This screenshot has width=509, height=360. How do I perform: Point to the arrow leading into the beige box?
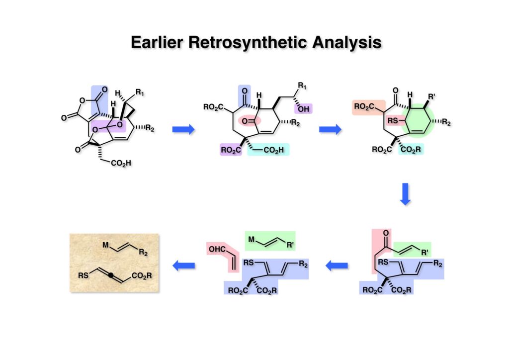(183, 266)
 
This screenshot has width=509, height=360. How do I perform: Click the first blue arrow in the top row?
(183, 130)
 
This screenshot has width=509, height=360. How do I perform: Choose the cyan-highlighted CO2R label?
(411, 150)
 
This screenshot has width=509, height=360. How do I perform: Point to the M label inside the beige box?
(105, 245)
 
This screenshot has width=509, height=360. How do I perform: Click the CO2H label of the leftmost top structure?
(122, 162)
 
